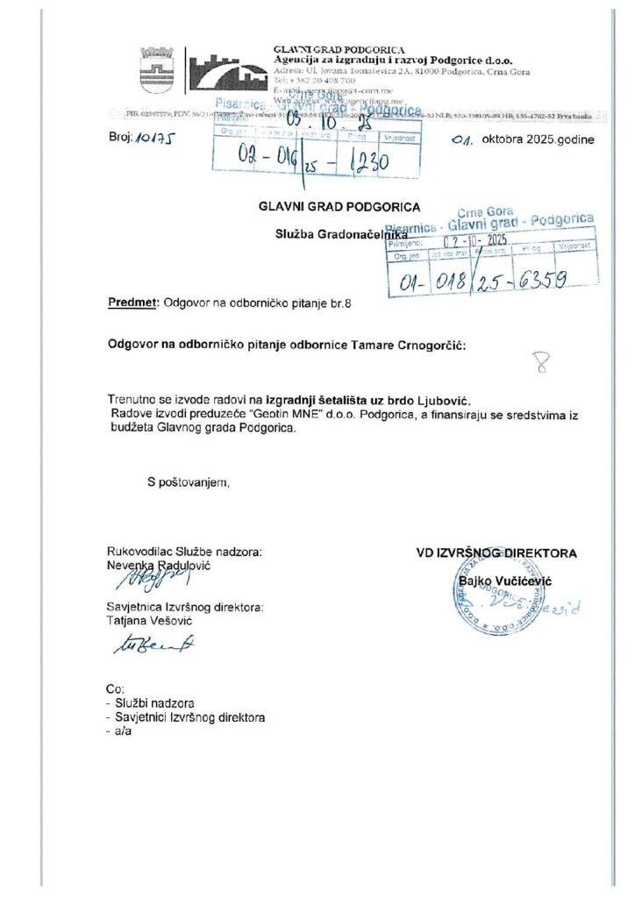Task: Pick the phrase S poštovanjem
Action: (188, 481)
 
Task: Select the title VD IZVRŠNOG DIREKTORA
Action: (496, 553)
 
